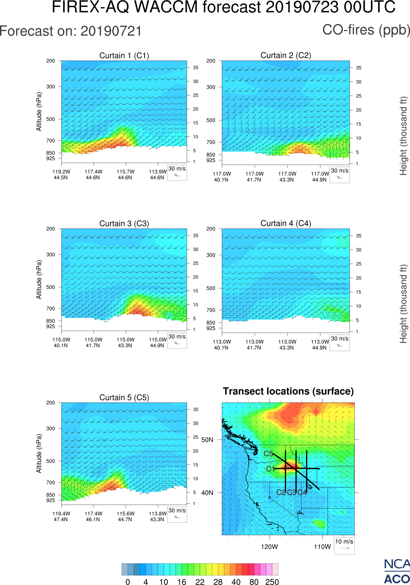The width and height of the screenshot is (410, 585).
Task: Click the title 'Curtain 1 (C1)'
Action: pyautogui.click(x=124, y=55)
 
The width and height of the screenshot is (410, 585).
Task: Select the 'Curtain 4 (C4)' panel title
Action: pyautogui.click(x=286, y=223)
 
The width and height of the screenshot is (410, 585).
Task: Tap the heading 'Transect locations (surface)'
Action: pyautogui.click(x=288, y=391)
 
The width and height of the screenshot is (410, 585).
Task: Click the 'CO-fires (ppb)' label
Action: pyautogui.click(x=366, y=30)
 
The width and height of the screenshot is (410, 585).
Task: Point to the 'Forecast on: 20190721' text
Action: pyautogui.click(x=71, y=31)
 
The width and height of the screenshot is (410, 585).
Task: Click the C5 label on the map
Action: pyautogui.click(x=268, y=454)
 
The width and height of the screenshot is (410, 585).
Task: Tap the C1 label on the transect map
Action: pyautogui.click(x=270, y=469)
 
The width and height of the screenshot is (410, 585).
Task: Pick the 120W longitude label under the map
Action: pyautogui.click(x=269, y=547)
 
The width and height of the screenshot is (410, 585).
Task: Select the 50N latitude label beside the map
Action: pyautogui.click(x=207, y=440)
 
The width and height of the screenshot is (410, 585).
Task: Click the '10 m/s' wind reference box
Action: pyautogui.click(x=344, y=545)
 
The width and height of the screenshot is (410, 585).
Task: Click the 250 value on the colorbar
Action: pyautogui.click(x=272, y=582)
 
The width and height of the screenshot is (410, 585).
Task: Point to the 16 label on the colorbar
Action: pyautogui.click(x=182, y=582)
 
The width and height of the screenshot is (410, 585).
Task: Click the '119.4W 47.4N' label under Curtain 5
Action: pyautogui.click(x=61, y=516)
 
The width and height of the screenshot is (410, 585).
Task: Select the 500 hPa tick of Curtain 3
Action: pyautogui.click(x=50, y=287)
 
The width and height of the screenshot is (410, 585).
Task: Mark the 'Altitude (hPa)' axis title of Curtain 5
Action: pyautogui.click(x=39, y=454)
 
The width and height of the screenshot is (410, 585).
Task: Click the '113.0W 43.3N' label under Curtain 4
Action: pyautogui.click(x=287, y=345)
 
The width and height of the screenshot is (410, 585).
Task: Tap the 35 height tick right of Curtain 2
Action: pyautogui.click(x=359, y=68)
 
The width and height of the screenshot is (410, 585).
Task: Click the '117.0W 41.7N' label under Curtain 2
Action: pyautogui.click(x=254, y=177)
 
